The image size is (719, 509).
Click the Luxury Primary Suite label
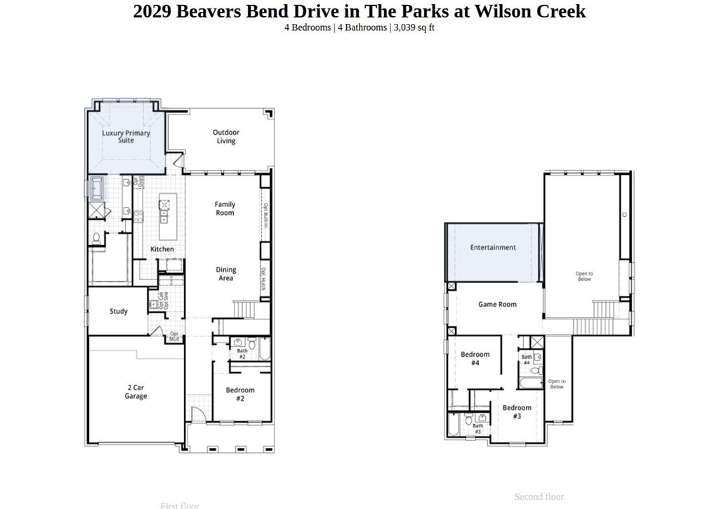pyautogui.click(x=126, y=136)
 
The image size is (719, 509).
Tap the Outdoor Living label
pyautogui.click(x=226, y=136)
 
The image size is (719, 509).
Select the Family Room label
pyautogui.click(x=225, y=208)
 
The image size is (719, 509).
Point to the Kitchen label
pyautogui.click(x=162, y=249)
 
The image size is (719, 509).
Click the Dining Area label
pyautogui.click(x=226, y=274)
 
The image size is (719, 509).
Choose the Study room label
pyautogui.click(x=119, y=311)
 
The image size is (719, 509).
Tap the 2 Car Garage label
pyautogui.click(x=136, y=392)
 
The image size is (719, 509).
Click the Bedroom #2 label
pyautogui.click(x=240, y=394)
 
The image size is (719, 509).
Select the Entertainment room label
pyautogui.click(x=493, y=247)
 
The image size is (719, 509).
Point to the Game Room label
pyautogui.click(x=497, y=304)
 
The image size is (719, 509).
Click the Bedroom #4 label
pyautogui.click(x=475, y=359)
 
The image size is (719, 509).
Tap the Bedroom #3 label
pyautogui.click(x=517, y=412)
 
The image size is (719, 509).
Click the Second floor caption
pyautogui.click(x=539, y=497)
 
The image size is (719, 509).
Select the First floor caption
pyautogui.click(x=180, y=505)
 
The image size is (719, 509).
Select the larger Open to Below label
pyautogui.click(x=584, y=276)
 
